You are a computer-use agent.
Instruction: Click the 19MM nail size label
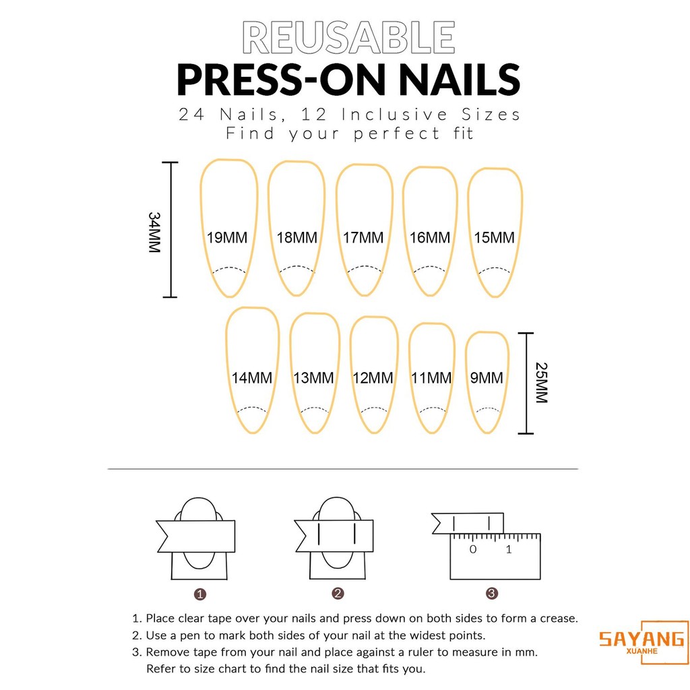[227, 238]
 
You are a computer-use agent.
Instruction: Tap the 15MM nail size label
[494, 238]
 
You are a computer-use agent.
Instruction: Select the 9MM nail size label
[487, 377]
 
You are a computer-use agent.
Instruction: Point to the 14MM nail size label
[252, 377]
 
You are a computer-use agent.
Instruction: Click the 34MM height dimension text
[154, 232]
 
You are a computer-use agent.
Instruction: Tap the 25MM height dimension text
[542, 383]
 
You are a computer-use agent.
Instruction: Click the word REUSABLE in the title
[348, 38]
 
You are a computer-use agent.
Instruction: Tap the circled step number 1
[199, 594]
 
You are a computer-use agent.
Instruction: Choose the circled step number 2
[338, 594]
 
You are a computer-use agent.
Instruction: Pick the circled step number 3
[491, 594]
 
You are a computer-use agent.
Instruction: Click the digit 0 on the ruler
[472, 549]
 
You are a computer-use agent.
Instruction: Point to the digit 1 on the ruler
[509, 549]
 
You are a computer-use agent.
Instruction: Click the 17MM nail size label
[363, 238]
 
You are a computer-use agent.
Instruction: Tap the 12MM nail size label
[373, 377]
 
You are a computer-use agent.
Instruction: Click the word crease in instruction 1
[558, 619]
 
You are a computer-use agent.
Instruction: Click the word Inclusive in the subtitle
[394, 115]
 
